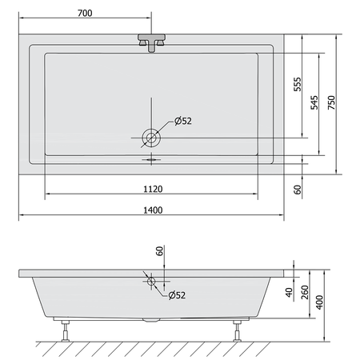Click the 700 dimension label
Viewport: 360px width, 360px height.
tap(85, 13)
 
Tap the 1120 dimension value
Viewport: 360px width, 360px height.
tap(153, 189)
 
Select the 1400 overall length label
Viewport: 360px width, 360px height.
tap(153, 210)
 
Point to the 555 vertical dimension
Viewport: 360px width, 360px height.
tap(298, 84)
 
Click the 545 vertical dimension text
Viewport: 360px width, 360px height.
tap(314, 102)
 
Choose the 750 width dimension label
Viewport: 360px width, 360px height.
tap(331, 102)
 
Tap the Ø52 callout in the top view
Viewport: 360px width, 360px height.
tap(183, 121)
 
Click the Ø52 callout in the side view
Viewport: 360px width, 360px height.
tap(177, 295)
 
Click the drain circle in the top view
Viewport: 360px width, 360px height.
tap(151, 138)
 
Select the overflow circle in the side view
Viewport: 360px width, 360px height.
tap(151, 281)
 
